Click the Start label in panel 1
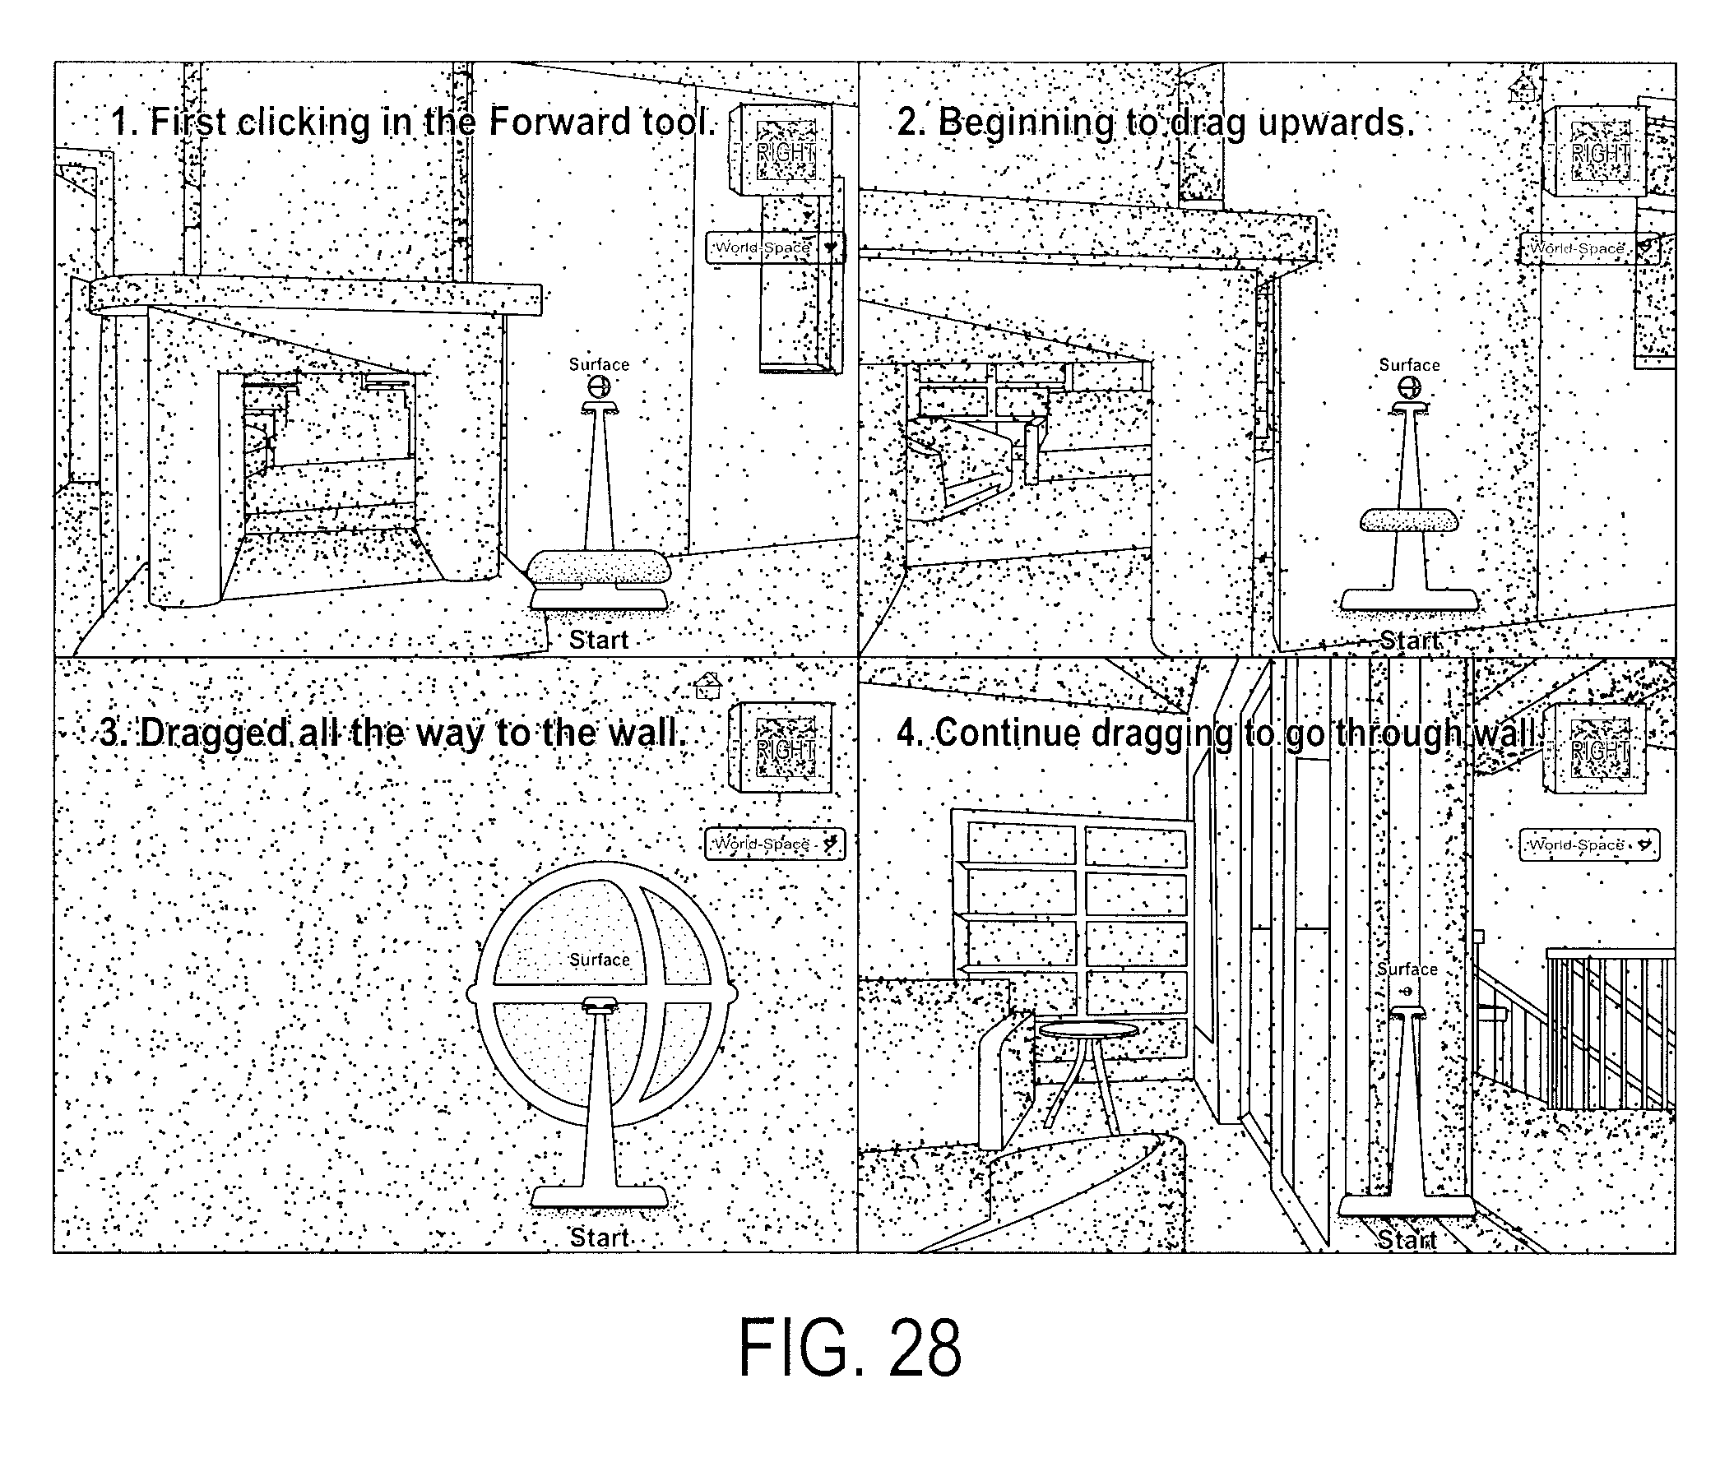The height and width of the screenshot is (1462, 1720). point(599,640)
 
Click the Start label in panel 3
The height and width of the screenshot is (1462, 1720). point(600,1238)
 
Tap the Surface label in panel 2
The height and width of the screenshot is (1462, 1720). point(1409,364)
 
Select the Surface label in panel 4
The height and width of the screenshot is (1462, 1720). point(1407,969)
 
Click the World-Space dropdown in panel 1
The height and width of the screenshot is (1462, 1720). point(776,248)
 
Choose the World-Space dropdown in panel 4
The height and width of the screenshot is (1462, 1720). point(1589,845)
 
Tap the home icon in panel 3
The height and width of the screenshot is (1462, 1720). point(707,686)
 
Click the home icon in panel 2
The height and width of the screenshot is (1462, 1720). point(1522,88)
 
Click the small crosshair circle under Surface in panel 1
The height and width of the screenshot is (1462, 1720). point(600,386)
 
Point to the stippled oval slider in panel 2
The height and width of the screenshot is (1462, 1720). point(1409,520)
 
